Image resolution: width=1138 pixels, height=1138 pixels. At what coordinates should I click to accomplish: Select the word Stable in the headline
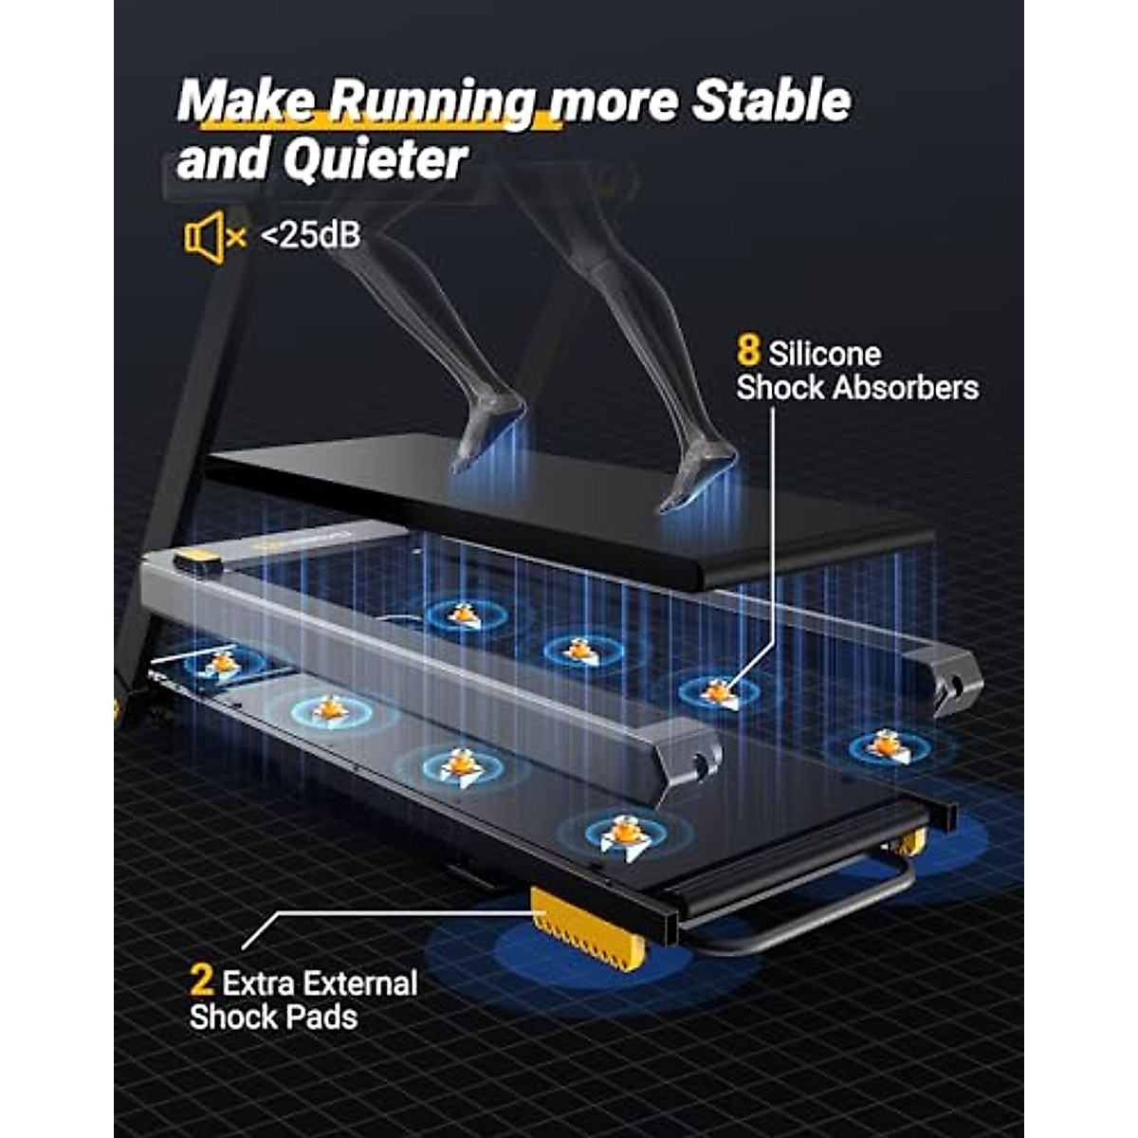770,101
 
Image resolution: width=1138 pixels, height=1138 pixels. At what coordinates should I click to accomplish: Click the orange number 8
748,352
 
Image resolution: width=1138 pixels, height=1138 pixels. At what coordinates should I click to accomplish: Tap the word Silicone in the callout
825,354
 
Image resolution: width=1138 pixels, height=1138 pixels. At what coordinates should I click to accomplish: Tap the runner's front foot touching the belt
697,479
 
